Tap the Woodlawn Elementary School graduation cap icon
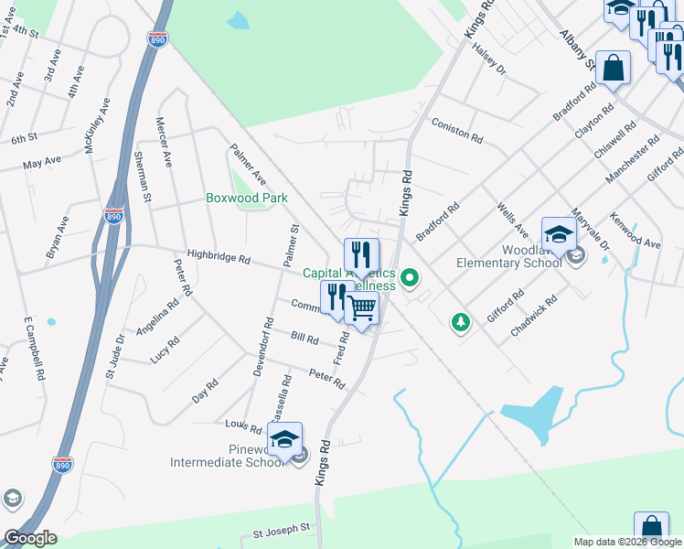point(559,234)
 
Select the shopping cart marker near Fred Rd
point(362,309)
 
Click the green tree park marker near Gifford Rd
point(461,322)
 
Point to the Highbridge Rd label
point(218,259)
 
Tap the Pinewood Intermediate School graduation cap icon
point(284,439)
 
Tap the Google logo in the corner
point(30,538)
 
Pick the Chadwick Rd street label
point(534,317)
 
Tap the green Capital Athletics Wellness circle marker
point(411,277)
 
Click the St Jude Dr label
point(113,357)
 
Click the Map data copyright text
point(627,542)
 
